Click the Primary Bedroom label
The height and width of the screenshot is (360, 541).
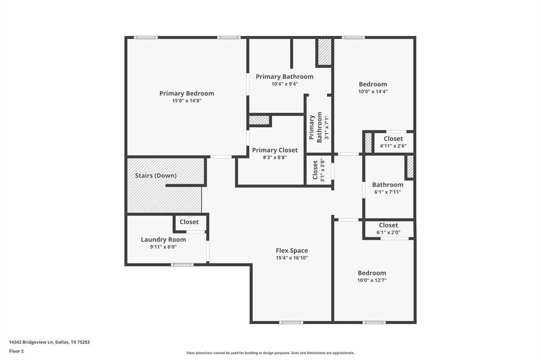click(x=186, y=93)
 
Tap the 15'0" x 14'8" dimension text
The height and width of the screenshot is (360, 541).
click(x=186, y=101)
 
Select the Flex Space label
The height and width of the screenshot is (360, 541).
click(x=292, y=251)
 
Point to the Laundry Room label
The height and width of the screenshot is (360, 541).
click(x=163, y=240)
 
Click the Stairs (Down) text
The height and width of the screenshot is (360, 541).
click(x=156, y=175)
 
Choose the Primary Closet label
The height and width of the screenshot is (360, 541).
click(x=275, y=150)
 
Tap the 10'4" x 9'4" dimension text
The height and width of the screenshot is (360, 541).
click(x=284, y=84)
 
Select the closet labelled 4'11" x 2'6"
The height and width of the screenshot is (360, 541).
click(x=393, y=142)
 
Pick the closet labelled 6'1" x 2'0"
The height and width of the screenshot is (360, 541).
click(x=388, y=229)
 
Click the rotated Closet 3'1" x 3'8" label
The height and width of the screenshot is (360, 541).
click(x=319, y=170)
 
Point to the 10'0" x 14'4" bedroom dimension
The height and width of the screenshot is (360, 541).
click(x=373, y=91)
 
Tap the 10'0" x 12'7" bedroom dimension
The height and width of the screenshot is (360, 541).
click(x=372, y=280)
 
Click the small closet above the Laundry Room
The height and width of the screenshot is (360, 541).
click(x=189, y=222)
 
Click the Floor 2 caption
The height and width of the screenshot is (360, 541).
click(x=16, y=351)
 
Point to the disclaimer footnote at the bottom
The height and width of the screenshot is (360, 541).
click(x=270, y=353)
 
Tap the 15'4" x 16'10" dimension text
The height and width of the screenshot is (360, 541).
click(x=292, y=258)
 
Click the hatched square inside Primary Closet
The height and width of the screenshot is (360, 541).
click(x=259, y=120)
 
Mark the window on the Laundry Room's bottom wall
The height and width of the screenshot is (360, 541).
click(x=182, y=264)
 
